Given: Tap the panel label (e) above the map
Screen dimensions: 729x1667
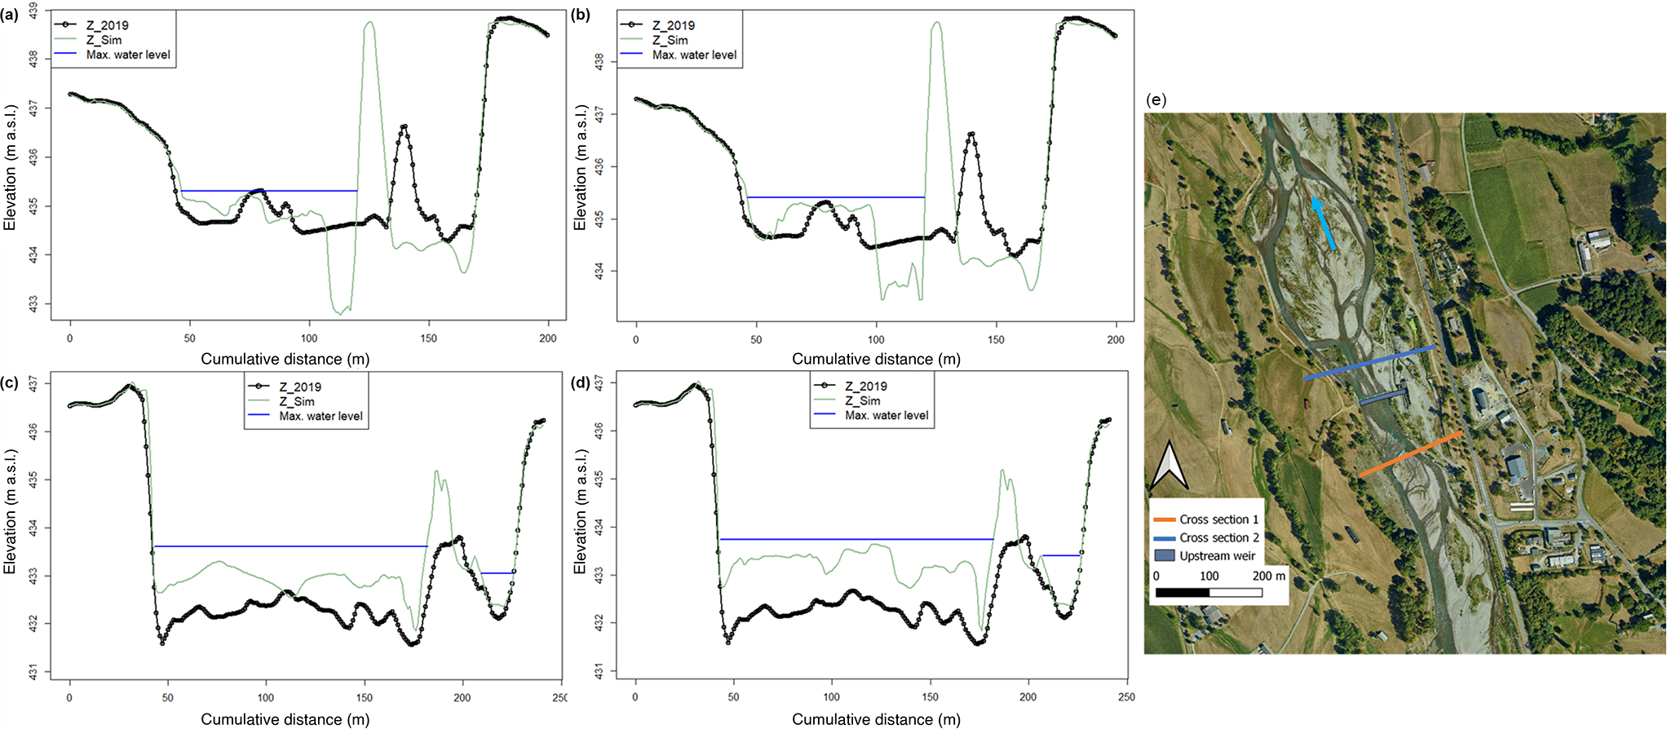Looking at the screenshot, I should (1155, 100).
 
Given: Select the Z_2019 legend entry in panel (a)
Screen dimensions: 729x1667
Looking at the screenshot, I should (107, 25).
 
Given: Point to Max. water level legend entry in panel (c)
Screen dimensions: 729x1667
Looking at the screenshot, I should (321, 416).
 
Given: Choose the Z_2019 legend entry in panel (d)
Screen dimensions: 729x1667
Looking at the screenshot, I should (865, 387).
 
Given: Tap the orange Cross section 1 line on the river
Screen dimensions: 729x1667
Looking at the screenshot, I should (1409, 453).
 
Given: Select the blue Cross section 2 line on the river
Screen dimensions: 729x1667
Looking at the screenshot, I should (1368, 363).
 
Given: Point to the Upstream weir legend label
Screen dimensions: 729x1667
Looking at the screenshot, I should (1217, 556).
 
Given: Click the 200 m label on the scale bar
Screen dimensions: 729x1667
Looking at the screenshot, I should (1268, 576).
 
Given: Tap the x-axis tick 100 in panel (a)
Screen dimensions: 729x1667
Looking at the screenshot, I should (309, 338).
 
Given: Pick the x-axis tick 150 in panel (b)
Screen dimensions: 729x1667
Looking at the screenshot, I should (996, 339).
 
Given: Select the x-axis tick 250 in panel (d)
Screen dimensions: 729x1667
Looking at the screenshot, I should (1126, 697).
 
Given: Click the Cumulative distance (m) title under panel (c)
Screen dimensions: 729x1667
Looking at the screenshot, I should (285, 719).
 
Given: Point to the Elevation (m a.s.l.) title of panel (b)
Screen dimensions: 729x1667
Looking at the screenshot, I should (580, 167).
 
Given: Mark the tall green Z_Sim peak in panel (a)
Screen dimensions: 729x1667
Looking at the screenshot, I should (369, 24).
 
